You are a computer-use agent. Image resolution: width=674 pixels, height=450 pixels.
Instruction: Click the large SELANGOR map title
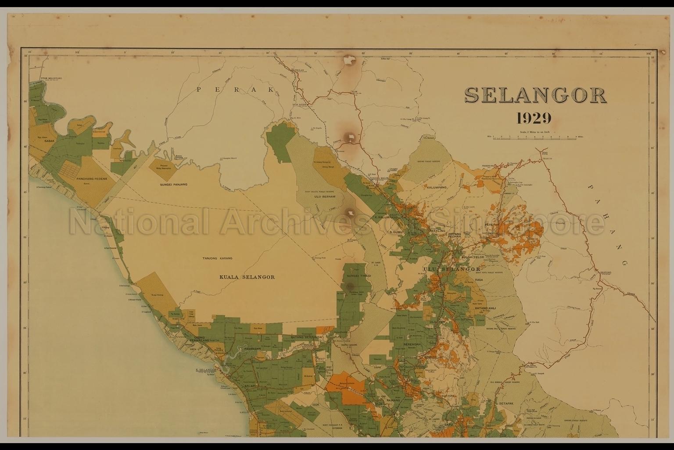(x=535, y=95)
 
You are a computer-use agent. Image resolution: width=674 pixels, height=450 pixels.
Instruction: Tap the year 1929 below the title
(x=534, y=118)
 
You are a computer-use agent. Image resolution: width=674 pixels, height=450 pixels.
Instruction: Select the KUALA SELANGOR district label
(x=247, y=277)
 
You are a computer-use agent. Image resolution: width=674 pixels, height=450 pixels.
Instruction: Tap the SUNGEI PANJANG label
(x=173, y=184)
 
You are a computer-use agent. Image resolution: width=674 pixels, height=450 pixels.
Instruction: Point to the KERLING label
(x=437, y=231)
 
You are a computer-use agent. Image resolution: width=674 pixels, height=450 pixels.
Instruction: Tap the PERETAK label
(x=492, y=224)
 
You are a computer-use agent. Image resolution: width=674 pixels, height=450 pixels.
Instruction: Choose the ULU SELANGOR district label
(x=452, y=269)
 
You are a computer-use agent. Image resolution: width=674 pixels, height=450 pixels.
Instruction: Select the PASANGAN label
(x=252, y=348)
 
